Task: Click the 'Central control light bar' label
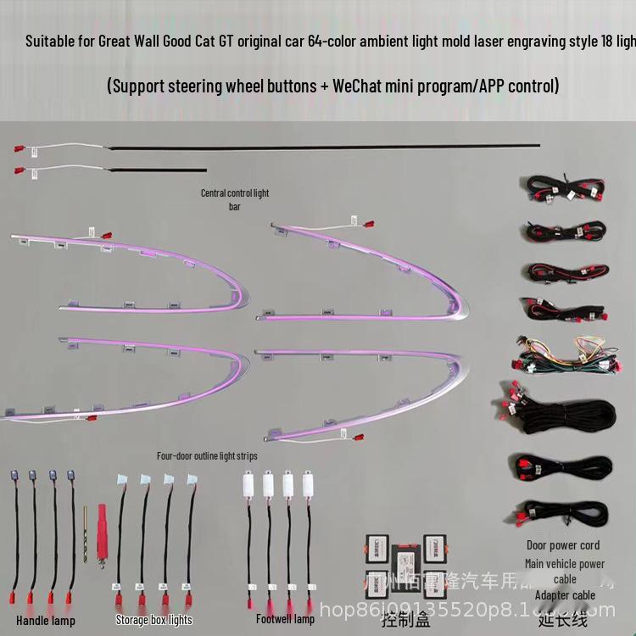tap(235, 199)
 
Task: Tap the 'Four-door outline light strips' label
tap(207, 455)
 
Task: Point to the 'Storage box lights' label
tap(154, 620)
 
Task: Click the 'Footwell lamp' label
tap(285, 619)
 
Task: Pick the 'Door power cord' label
tap(562, 545)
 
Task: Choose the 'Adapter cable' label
tap(565, 595)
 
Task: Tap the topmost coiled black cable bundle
tap(562, 187)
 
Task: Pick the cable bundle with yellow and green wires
tap(562, 353)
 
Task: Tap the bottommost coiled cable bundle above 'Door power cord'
tap(562, 514)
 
